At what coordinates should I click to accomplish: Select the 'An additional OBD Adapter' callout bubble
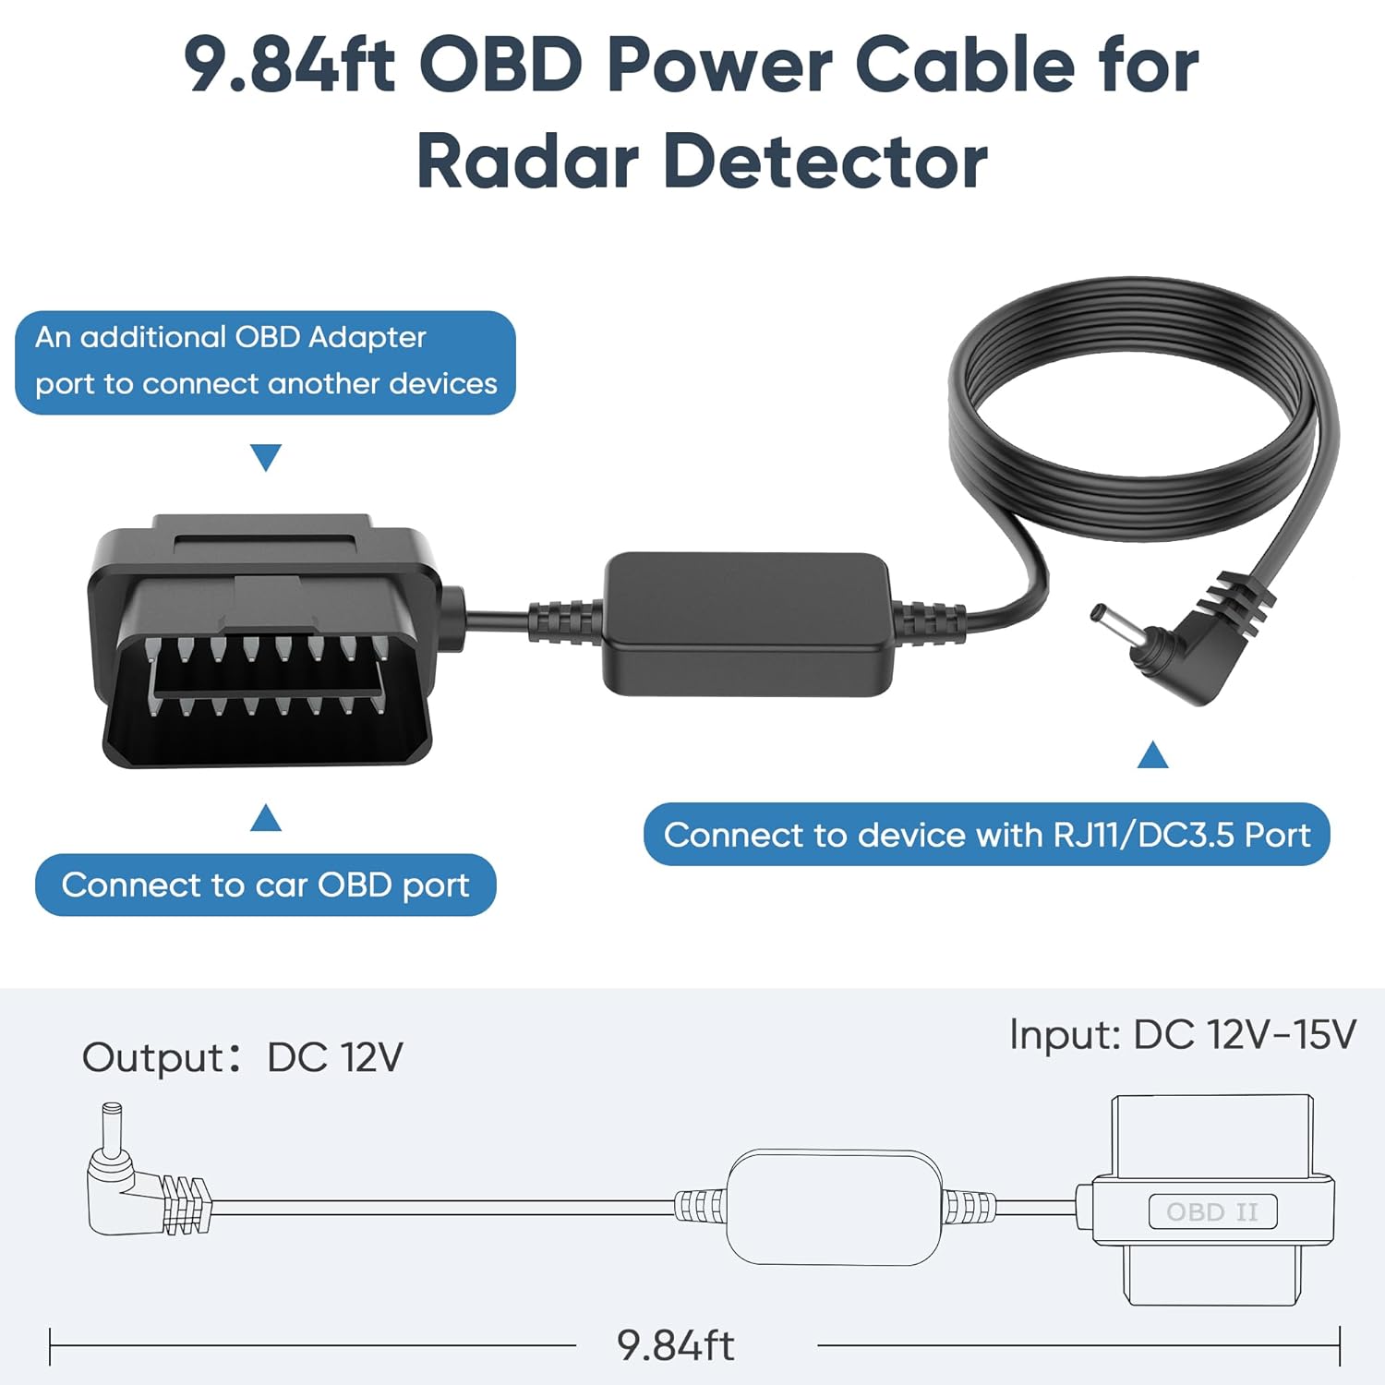click(265, 362)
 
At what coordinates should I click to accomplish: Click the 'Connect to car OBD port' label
click(265, 885)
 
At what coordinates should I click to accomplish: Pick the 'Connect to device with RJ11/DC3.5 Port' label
click(986, 835)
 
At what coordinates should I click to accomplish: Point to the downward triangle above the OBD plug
click(266, 456)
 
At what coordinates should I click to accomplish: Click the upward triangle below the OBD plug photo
click(266, 818)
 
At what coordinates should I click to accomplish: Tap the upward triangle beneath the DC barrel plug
click(1152, 755)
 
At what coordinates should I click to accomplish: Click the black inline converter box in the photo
click(748, 623)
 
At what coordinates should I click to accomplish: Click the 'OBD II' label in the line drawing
click(1212, 1211)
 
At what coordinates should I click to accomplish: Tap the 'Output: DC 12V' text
click(242, 1057)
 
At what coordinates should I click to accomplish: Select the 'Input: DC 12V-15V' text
click(1183, 1034)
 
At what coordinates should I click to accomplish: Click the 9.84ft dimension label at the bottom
click(676, 1345)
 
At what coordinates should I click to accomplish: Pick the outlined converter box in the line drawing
click(835, 1207)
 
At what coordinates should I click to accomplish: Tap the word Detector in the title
click(825, 162)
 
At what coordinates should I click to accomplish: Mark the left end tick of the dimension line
click(50, 1345)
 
